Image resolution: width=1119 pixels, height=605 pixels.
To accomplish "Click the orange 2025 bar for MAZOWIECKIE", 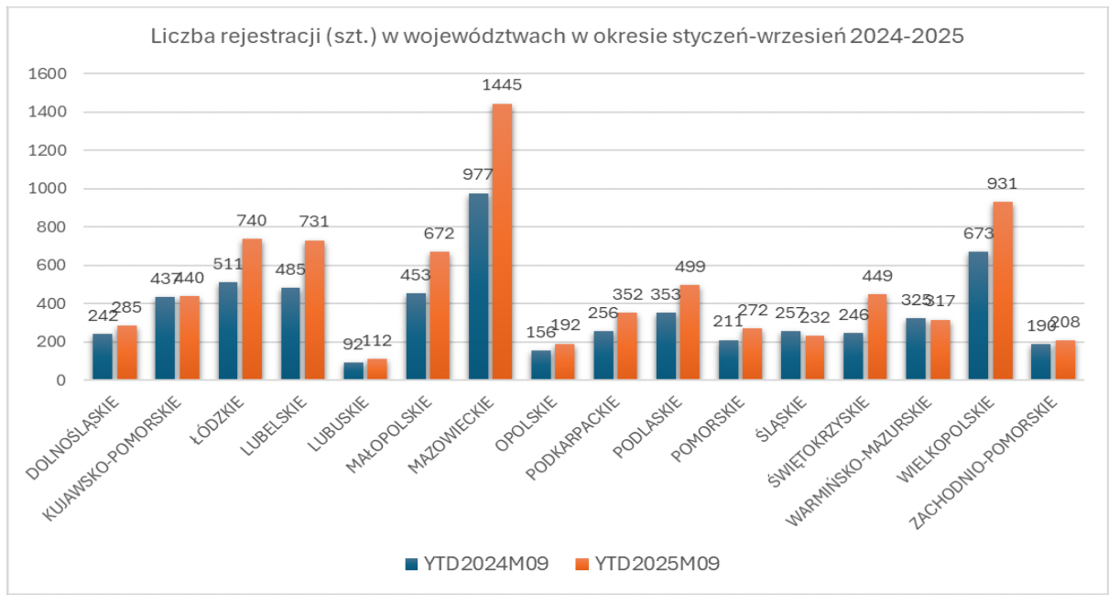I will tap(503, 242).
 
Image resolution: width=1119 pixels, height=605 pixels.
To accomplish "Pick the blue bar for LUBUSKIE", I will tap(353, 370).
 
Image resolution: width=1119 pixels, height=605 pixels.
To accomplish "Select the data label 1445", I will tap(502, 85).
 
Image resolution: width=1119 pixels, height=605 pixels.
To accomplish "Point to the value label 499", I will tap(690, 267).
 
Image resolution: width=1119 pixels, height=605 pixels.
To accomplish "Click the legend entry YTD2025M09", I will tap(646, 564).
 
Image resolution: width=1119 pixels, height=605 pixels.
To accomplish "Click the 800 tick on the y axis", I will tap(53, 227).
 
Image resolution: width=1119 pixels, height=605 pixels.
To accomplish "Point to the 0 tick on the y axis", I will tap(60, 380).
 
